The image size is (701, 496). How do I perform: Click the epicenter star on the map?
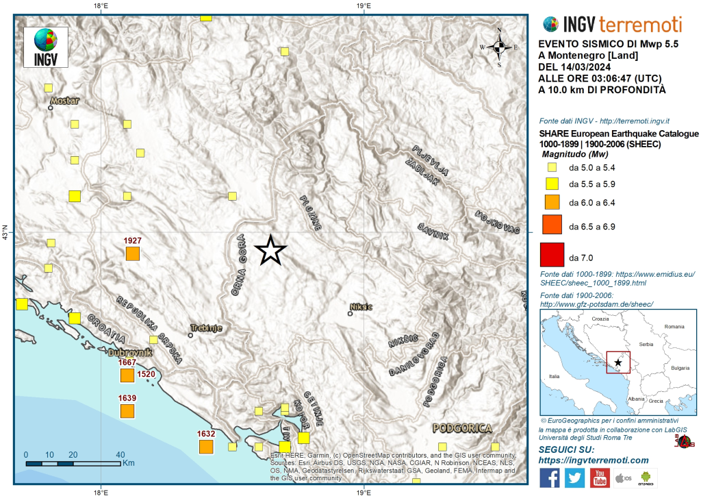coord(270,251)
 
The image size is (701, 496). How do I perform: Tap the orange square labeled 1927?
coord(133,253)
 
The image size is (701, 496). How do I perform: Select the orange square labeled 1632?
coord(206,447)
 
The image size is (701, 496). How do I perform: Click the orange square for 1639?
coord(127,411)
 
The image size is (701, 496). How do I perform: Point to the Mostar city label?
coord(64,101)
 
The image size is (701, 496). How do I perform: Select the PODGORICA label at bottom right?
coord(462,428)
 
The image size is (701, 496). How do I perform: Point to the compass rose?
coord(499,47)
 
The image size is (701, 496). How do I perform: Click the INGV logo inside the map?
coord(46,47)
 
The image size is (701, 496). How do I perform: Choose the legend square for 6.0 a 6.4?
coord(552,203)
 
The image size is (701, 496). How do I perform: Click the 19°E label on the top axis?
coord(363,5)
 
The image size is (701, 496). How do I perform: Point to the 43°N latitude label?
coord(5,233)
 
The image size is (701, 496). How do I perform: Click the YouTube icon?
coord(600,478)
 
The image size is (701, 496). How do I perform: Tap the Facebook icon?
coord(550,478)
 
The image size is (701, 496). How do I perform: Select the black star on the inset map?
coord(619,361)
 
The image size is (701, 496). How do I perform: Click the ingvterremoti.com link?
coord(594,460)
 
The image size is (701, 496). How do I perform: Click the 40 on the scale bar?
coord(119,454)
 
